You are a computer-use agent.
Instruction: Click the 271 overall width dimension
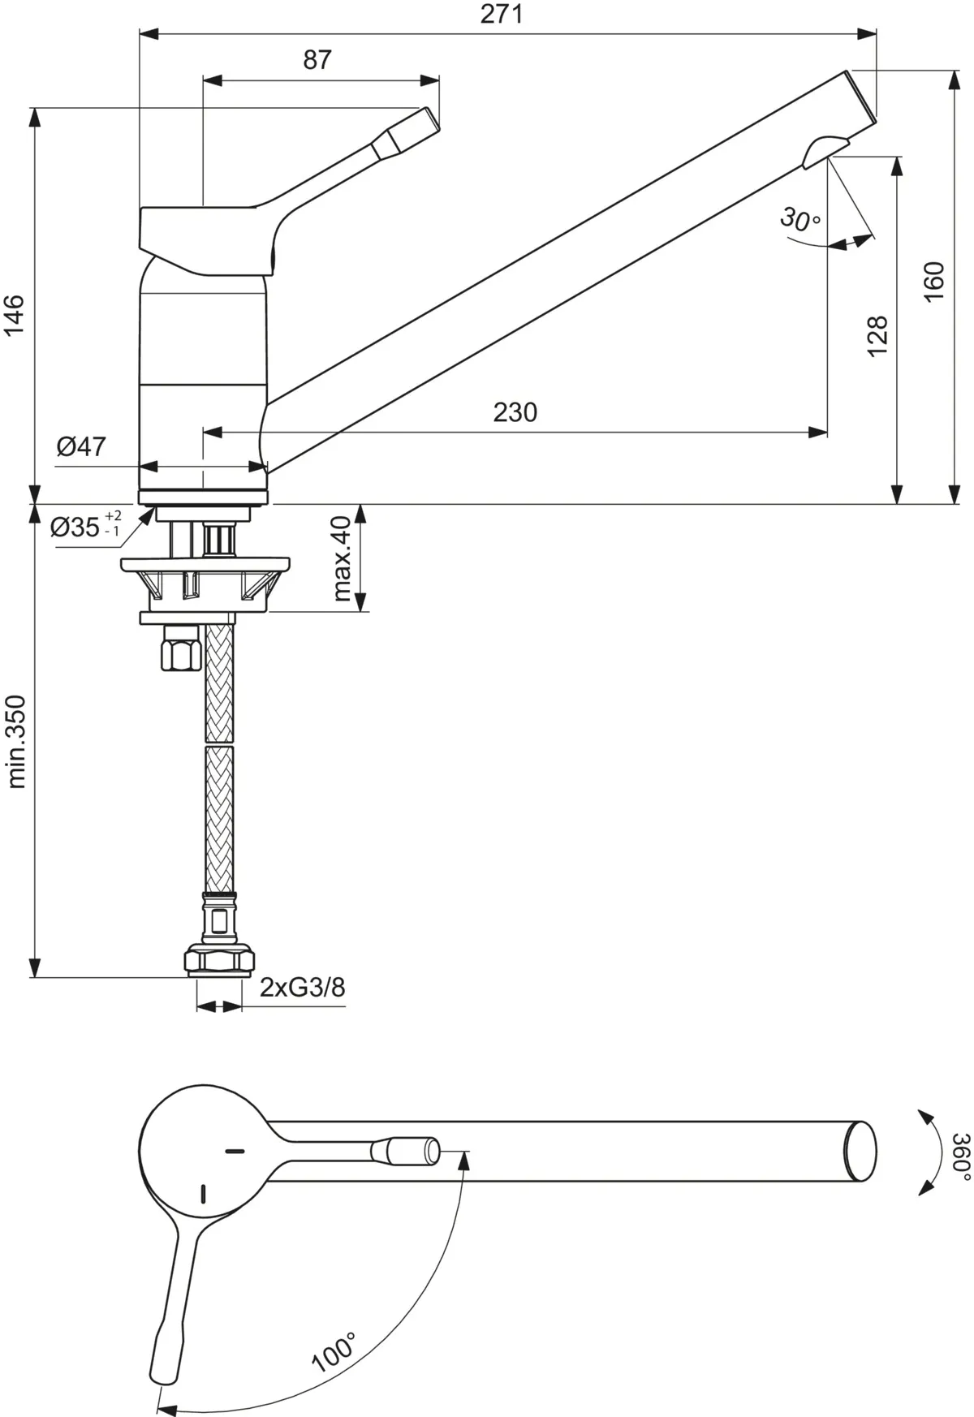(502, 15)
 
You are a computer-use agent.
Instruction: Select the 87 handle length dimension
(317, 60)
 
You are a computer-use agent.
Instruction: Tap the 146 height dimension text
(15, 315)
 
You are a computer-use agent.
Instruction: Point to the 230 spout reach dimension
(515, 412)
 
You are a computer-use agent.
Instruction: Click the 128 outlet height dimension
(877, 335)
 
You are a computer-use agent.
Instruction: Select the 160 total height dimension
(934, 281)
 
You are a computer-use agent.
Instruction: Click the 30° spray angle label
(800, 218)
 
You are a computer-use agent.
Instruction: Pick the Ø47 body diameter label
(81, 446)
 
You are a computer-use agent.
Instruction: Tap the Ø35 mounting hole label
(84, 528)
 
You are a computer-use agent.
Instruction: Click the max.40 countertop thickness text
(342, 558)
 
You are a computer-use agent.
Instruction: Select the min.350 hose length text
(17, 741)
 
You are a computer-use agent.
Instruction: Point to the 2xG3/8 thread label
(303, 987)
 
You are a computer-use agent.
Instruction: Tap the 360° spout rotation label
(960, 1156)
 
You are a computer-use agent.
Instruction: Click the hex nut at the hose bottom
(218, 959)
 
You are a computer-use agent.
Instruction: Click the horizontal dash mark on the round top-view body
(235, 1151)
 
